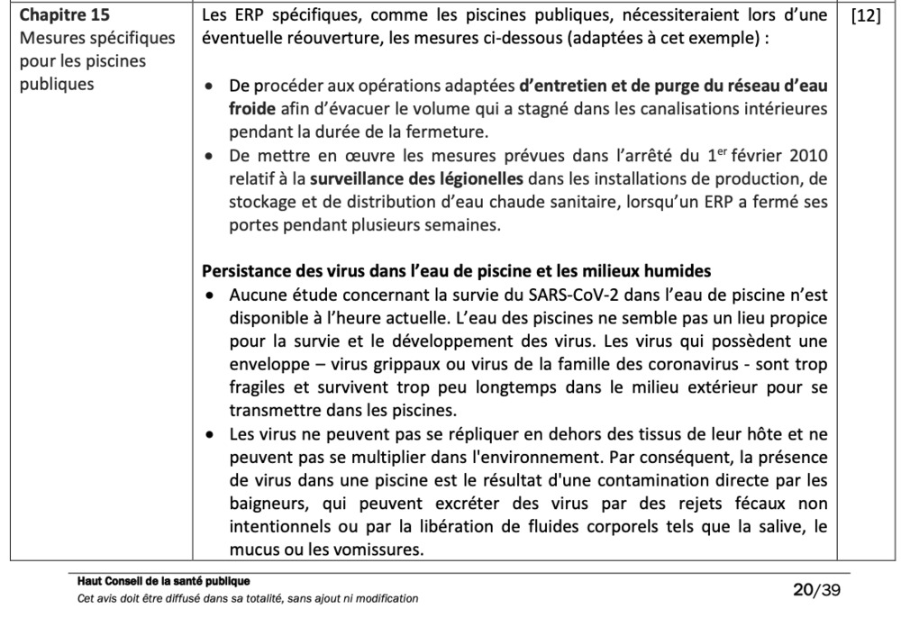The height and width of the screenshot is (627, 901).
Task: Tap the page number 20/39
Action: click(x=816, y=590)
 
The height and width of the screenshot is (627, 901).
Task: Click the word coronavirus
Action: click(x=679, y=365)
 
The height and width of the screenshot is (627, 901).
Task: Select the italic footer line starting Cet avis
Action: click(x=248, y=598)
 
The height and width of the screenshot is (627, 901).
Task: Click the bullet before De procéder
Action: click(x=210, y=86)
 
